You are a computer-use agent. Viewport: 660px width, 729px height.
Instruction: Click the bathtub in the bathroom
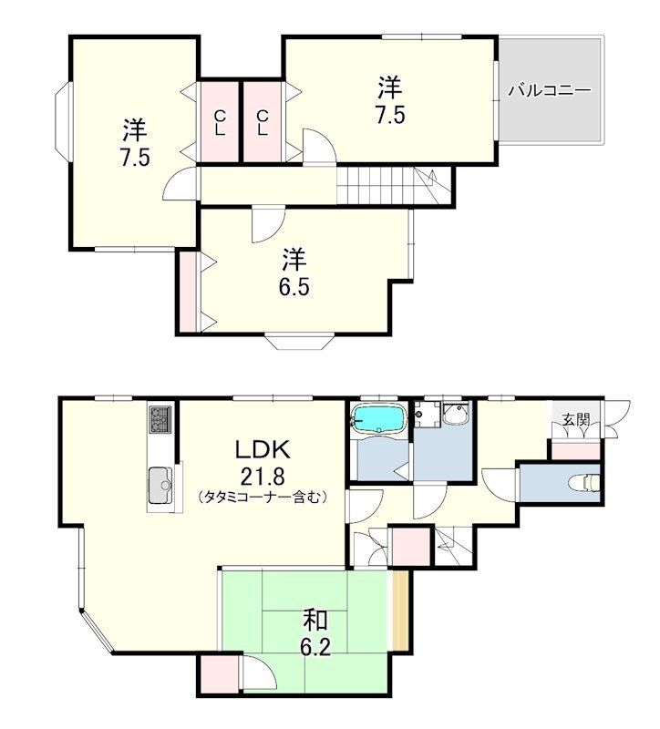[378, 418]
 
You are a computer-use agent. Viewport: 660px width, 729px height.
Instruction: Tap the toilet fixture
[585, 482]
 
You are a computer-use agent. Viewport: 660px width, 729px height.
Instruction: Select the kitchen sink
[160, 486]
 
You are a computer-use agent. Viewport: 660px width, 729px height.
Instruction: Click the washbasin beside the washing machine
[456, 414]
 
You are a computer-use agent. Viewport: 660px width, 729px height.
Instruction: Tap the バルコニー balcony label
[550, 89]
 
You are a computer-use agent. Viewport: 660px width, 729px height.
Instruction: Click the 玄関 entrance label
[576, 420]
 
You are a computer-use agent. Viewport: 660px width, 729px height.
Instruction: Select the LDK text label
[263, 449]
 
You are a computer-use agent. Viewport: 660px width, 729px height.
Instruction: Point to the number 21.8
[263, 476]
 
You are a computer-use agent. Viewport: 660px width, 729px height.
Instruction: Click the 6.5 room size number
[294, 288]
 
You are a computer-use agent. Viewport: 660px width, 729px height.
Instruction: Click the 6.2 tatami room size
[315, 647]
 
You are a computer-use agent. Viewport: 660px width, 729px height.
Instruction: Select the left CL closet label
[220, 123]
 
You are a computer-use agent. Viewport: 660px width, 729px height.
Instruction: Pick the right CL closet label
[263, 123]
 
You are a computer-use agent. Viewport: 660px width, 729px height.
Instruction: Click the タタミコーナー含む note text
[263, 497]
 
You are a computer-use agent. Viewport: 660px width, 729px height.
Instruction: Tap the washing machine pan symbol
[428, 414]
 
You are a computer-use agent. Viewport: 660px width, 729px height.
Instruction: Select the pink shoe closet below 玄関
[575, 451]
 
